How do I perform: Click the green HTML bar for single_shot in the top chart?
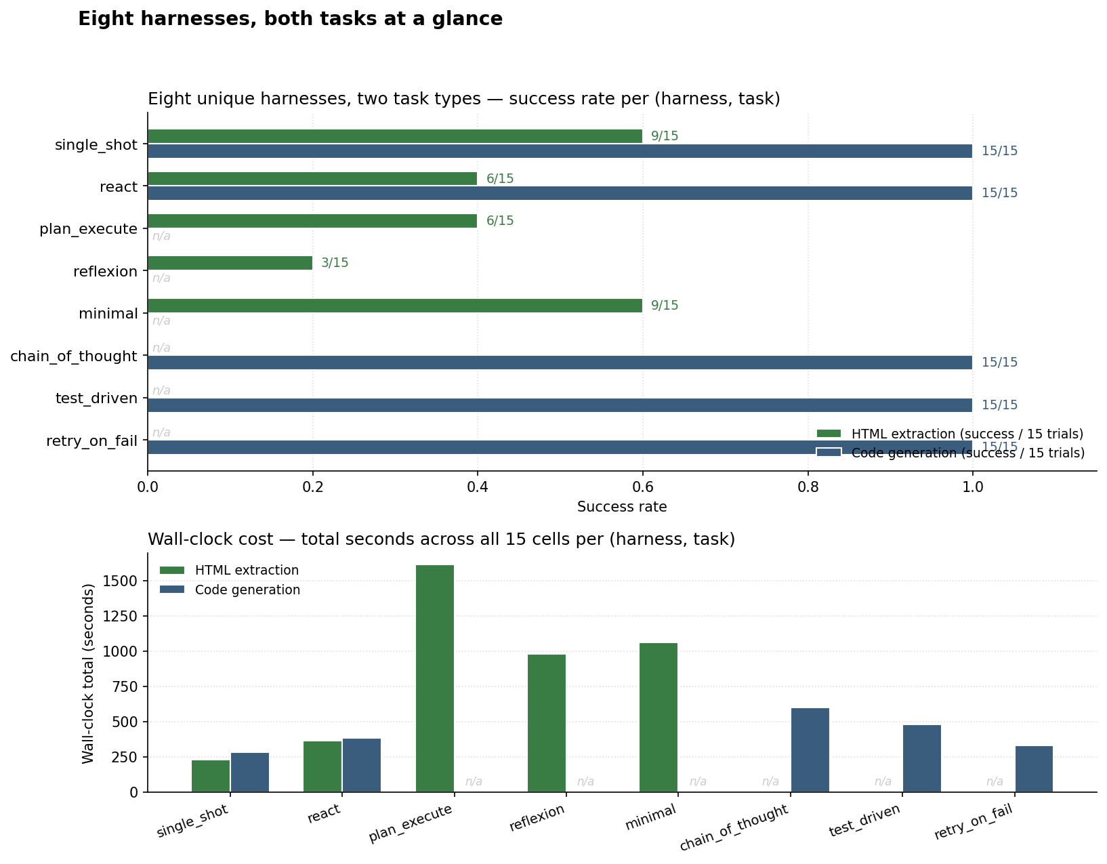coord(394,136)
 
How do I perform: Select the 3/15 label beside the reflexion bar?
coord(335,263)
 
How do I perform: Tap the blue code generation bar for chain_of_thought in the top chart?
coord(560,363)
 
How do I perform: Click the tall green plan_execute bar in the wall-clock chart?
coord(434,678)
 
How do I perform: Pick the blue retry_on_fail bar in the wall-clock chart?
coord(1034,768)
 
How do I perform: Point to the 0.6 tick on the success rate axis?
coord(642,487)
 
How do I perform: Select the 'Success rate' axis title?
coord(621,507)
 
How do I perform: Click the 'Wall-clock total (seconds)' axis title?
coord(88,673)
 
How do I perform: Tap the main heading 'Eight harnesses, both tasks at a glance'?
coord(290,19)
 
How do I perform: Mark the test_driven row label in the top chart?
coord(96,398)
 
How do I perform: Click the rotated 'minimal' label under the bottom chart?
coord(650,817)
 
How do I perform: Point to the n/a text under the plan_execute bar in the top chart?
coord(161,236)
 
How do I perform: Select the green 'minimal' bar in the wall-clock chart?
coord(658,717)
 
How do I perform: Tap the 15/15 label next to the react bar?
coord(999,193)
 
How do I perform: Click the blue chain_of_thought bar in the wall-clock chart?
coord(810,749)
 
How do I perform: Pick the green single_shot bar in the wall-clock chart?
coord(211,776)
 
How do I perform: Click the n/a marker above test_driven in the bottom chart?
coord(883,781)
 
